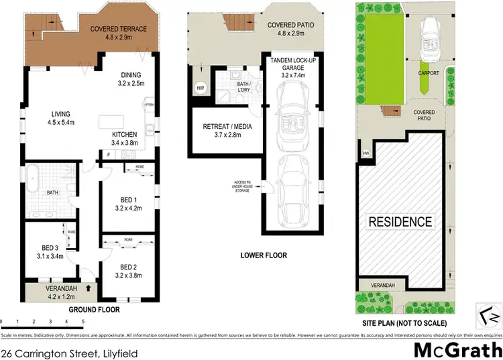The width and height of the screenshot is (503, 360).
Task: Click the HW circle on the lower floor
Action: pyautogui.click(x=199, y=87)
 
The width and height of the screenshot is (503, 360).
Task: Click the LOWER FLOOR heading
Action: pyautogui.click(x=264, y=255)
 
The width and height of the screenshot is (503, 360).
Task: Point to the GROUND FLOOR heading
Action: pyautogui.click(x=94, y=310)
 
